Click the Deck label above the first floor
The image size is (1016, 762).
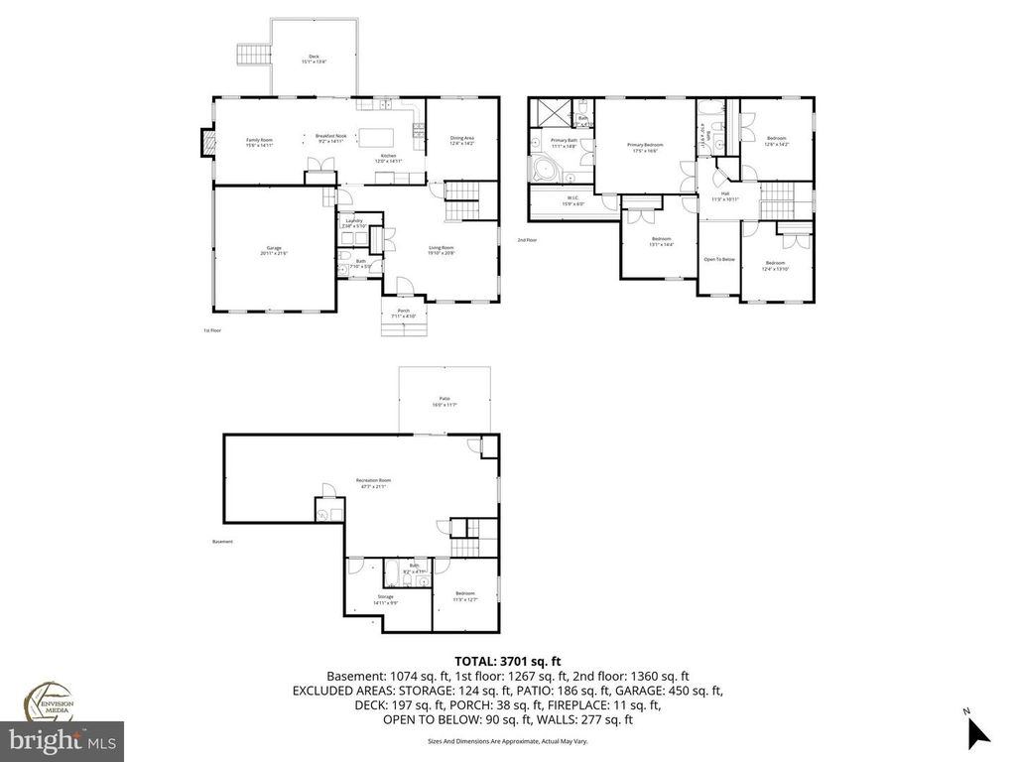pos(314,58)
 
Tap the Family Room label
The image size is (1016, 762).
pos(259,142)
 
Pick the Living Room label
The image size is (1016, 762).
pos(441,249)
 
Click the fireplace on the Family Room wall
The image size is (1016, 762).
pos(205,143)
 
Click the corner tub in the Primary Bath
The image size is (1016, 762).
pos(545,173)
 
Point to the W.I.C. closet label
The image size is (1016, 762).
pos(572,200)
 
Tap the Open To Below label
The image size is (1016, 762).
pos(718,259)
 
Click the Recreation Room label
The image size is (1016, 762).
pos(374,483)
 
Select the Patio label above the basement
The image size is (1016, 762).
pos(444,402)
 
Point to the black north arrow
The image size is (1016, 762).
pos(977,732)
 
